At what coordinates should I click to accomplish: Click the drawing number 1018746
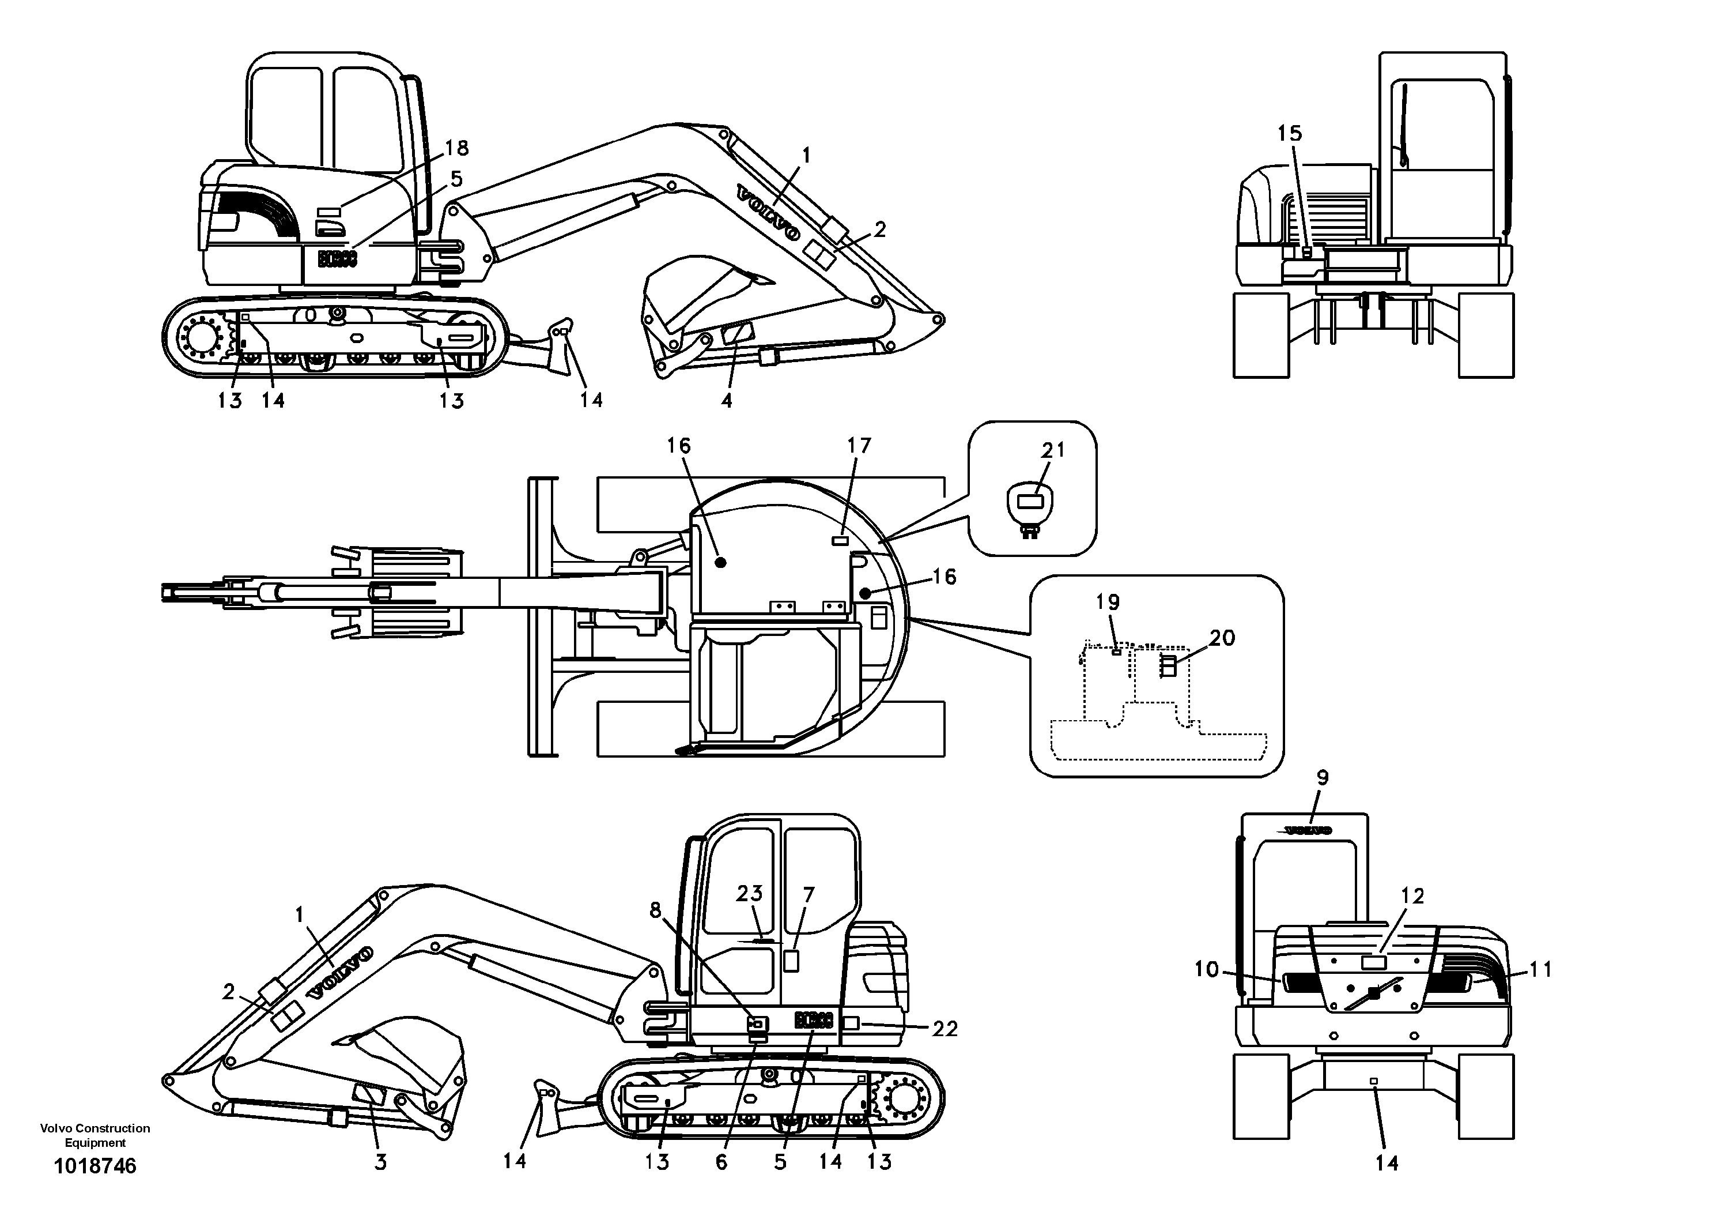pos(95,1166)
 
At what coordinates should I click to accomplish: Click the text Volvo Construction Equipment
pos(95,1135)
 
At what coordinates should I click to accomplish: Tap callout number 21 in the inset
pos(1053,450)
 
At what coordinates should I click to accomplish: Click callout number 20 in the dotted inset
pos(1222,637)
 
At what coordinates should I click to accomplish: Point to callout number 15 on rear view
pos(1289,134)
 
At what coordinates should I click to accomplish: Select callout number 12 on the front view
pos(1412,896)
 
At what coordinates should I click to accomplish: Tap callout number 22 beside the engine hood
pos(945,1029)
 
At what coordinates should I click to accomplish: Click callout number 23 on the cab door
pos(749,894)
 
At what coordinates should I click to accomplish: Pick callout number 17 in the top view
pos(859,446)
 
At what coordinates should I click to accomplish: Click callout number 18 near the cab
pos(456,148)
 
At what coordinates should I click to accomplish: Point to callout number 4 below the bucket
pos(726,401)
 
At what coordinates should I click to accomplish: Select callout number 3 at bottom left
pos(380,1162)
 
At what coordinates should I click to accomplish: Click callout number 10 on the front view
pos(1206,970)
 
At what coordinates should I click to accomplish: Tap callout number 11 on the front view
pos(1541,970)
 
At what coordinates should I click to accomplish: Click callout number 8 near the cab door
pos(655,910)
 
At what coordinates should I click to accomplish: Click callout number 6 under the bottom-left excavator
pos(721,1162)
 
